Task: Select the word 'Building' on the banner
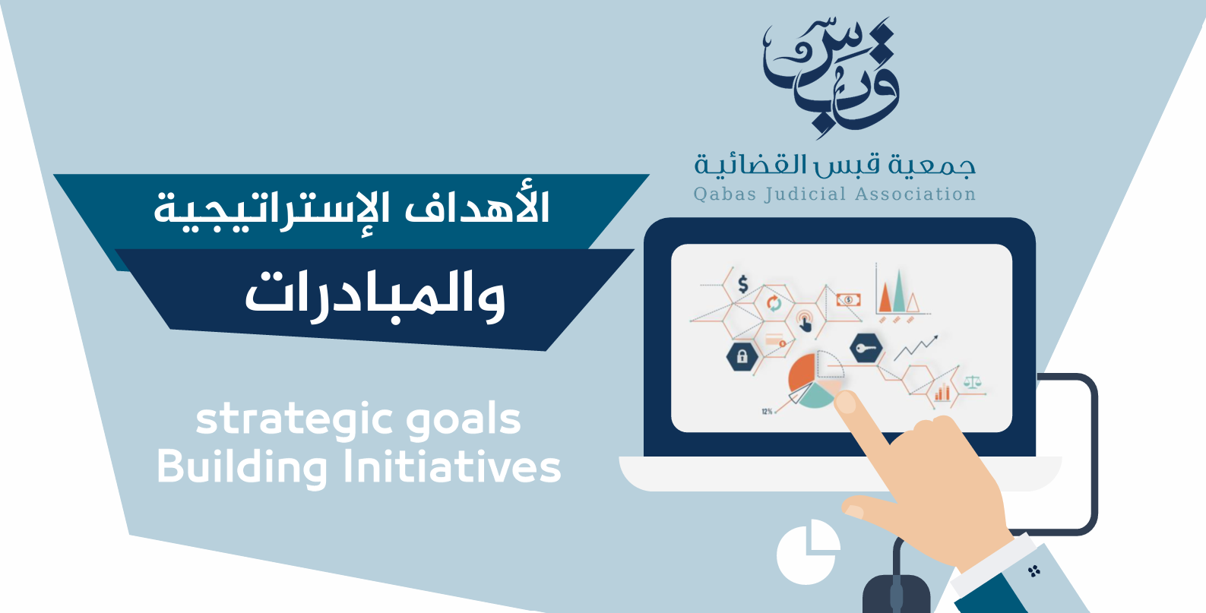point(242,466)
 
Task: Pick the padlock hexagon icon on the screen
point(742,356)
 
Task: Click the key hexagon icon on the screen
point(866,348)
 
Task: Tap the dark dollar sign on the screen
point(743,283)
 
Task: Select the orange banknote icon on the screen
point(848,300)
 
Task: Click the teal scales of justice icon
point(972,381)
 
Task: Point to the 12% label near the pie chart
point(768,412)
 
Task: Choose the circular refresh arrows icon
point(774,303)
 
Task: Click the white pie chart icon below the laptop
point(808,551)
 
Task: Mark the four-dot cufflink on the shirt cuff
point(1033,571)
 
